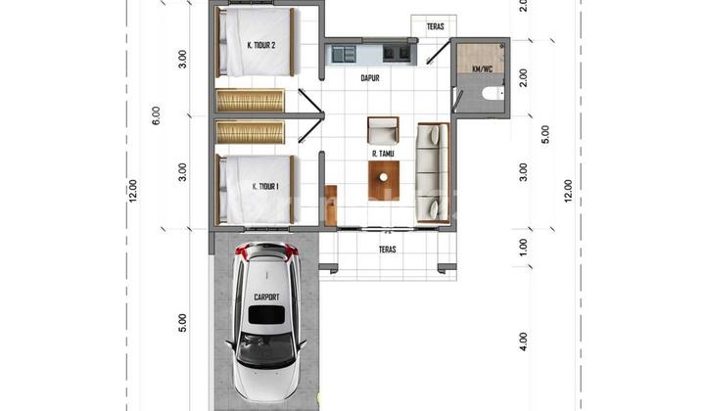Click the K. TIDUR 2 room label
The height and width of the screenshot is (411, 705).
pos(261,45)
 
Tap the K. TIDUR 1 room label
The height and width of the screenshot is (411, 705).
pos(265,186)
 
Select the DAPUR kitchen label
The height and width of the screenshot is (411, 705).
pos(370,78)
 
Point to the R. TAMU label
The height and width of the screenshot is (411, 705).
pos(383,154)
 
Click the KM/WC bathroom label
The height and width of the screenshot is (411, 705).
pos(483,69)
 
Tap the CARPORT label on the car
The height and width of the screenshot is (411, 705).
pos(266,297)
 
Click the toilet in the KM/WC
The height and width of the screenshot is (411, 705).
pos(493,94)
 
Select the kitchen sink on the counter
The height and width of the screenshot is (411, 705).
pos(345,55)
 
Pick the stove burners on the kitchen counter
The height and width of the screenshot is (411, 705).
pos(397,54)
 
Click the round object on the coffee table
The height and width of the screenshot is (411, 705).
pos(384,177)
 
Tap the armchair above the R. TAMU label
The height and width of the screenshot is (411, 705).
pos(383,130)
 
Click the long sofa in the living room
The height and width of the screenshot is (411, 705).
pos(433,172)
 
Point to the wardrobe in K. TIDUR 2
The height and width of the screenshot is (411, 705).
pos(250,101)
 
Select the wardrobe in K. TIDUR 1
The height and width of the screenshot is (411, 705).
pos(250,132)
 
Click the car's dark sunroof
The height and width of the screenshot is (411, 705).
pos(266,315)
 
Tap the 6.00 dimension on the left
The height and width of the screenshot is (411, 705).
pos(156,115)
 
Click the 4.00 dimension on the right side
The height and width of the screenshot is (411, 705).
pos(523,342)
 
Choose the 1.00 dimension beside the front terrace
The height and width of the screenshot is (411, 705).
pos(523,248)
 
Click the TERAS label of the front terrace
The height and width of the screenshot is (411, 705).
pos(388,249)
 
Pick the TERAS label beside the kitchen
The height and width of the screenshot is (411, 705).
pos(435,27)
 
